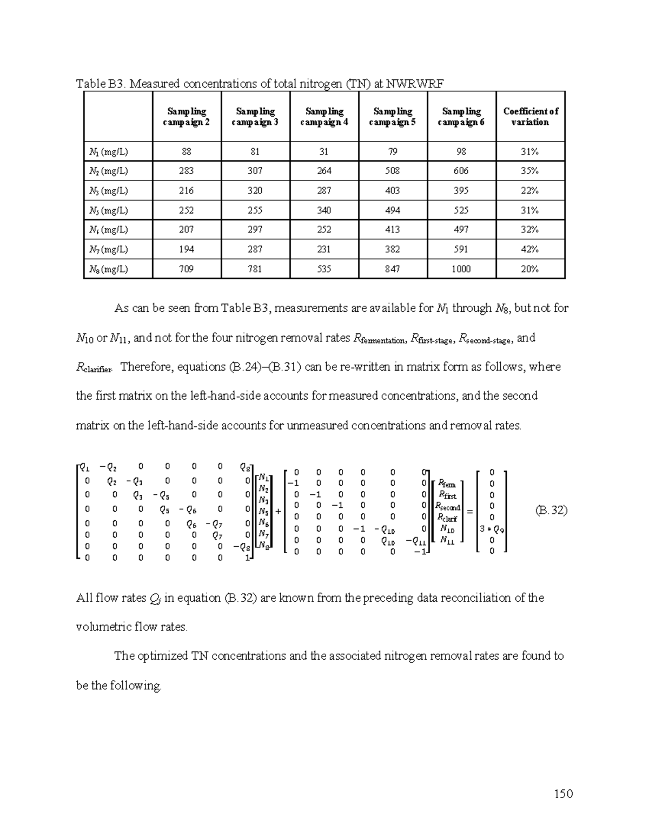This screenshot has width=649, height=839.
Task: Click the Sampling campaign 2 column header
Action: pyautogui.click(x=187, y=117)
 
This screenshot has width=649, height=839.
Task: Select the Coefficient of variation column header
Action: pyautogui.click(x=530, y=117)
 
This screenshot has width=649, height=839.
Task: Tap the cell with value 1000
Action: pyautogui.click(x=461, y=269)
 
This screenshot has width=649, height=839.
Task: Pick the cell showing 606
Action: pyautogui.click(x=461, y=171)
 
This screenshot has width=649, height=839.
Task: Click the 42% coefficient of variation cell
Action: pyautogui.click(x=529, y=250)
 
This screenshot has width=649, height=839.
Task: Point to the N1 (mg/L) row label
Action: pyautogui.click(x=108, y=152)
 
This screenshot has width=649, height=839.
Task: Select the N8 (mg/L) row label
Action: pyautogui.click(x=108, y=269)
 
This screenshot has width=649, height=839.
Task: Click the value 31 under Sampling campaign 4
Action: pyautogui.click(x=323, y=152)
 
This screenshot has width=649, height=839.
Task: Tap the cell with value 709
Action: pyautogui.click(x=187, y=269)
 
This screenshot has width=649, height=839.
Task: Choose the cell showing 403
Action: pyautogui.click(x=392, y=191)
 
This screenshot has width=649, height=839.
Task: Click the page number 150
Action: pyautogui.click(x=563, y=794)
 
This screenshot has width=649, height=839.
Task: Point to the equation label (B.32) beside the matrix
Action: pyautogui.click(x=551, y=510)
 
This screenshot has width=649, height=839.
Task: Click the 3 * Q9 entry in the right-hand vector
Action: pyautogui.click(x=492, y=529)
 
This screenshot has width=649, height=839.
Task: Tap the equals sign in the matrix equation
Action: pyautogui.click(x=469, y=511)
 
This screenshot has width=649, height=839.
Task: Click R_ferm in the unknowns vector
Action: pyautogui.click(x=447, y=484)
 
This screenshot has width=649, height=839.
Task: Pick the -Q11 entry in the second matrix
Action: pyautogui.click(x=416, y=541)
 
